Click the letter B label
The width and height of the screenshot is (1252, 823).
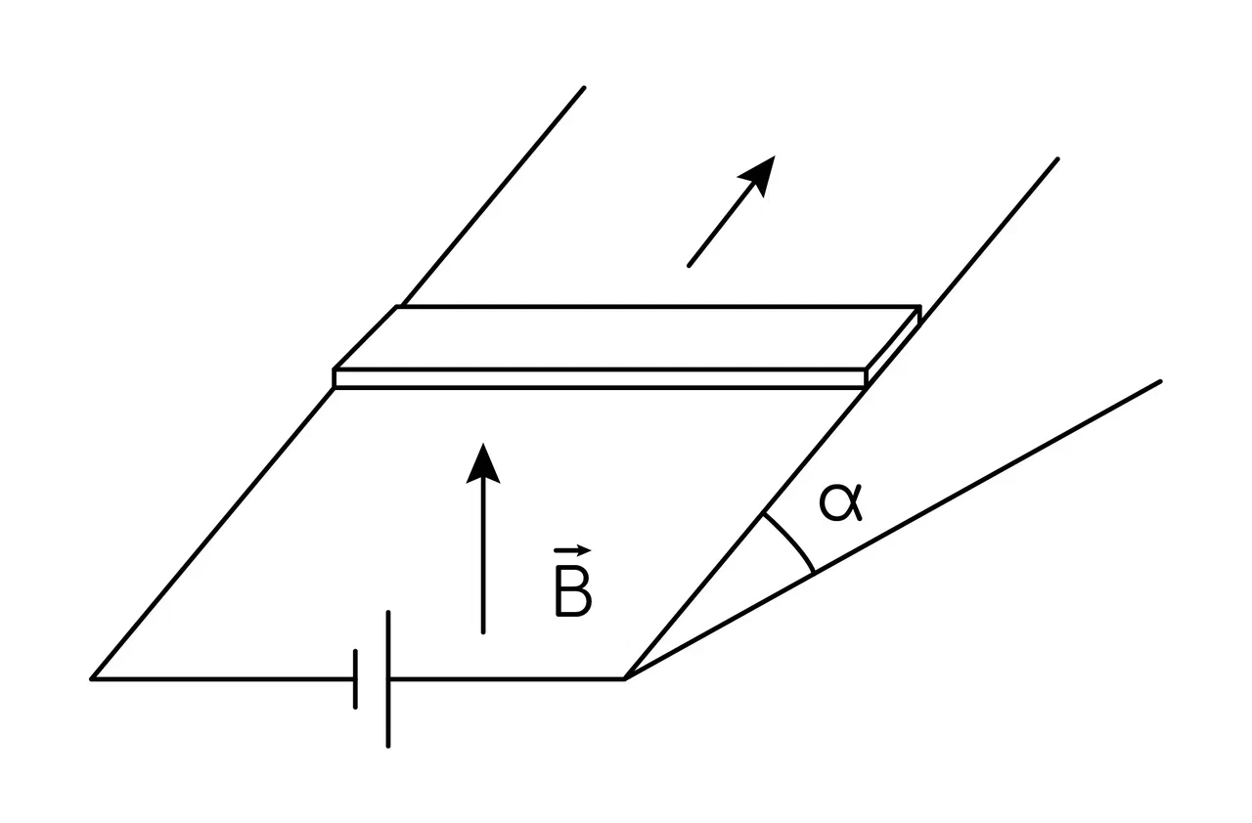tap(573, 596)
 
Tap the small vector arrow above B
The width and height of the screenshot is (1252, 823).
tap(572, 551)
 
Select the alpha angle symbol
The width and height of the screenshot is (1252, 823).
tap(840, 503)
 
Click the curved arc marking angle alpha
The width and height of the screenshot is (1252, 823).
tap(791, 540)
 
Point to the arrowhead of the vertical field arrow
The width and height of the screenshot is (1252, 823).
tap(483, 464)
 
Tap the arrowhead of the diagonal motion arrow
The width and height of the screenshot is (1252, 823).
tap(760, 173)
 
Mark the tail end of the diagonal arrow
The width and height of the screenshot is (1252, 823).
tap(690, 266)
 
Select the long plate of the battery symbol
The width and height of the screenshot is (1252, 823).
tap(388, 679)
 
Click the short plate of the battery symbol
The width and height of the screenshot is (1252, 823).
tap(355, 679)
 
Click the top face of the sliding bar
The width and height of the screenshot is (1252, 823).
tap(627, 337)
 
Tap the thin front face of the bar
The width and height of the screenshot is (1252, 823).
tap(600, 378)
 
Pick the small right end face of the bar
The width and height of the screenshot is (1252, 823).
tap(893, 347)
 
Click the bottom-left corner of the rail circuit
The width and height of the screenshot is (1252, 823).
tap(92, 679)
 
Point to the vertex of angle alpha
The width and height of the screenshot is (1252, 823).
tap(624, 678)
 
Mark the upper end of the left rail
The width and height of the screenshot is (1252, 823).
tap(584, 88)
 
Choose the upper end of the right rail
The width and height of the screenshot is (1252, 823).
tap(1058, 159)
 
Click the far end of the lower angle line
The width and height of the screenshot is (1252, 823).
tap(1160, 382)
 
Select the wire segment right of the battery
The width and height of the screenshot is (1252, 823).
tap(507, 679)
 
